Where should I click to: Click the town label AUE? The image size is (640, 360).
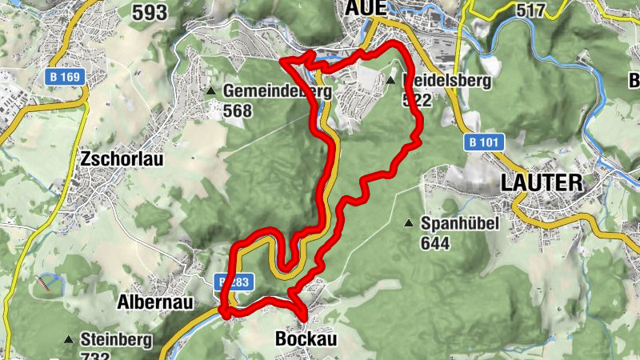tap(366, 8)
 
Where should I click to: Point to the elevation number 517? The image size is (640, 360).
tap(553, 10)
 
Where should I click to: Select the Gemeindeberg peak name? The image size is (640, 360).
tap(277, 91)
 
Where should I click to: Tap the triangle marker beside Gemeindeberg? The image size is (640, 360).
tap(211, 92)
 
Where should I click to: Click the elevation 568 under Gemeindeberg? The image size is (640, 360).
tap(238, 110)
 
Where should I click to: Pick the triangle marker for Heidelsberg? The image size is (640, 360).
tap(390, 82)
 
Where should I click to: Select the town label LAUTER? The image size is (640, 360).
tap(542, 182)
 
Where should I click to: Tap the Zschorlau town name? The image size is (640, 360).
tap(122, 158)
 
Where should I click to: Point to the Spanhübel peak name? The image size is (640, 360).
tap(460, 223)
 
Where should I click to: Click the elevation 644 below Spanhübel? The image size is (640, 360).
tap(436, 242)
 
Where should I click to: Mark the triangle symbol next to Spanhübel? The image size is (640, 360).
tap(410, 223)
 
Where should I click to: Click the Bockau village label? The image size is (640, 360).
tap(306, 339)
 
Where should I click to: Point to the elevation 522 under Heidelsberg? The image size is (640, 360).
tap(417, 100)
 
